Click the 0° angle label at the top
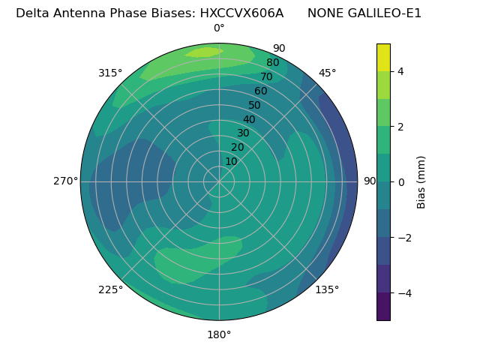tap(219, 28)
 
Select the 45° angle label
tap(327, 73)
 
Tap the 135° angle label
tap(327, 289)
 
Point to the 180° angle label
tap(219, 334)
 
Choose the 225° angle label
tap(110, 289)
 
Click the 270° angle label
tap(65, 181)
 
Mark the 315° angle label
tap(110, 73)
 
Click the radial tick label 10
tap(231, 161)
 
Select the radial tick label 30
tap(243, 133)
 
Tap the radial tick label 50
tap(255, 105)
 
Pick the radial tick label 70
tap(266, 76)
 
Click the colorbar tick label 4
tap(400, 71)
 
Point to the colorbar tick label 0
tap(400, 181)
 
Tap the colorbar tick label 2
tap(400, 127)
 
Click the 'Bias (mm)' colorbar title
tap(421, 181)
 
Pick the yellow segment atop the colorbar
tap(383, 57)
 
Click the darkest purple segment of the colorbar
tap(383, 306)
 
